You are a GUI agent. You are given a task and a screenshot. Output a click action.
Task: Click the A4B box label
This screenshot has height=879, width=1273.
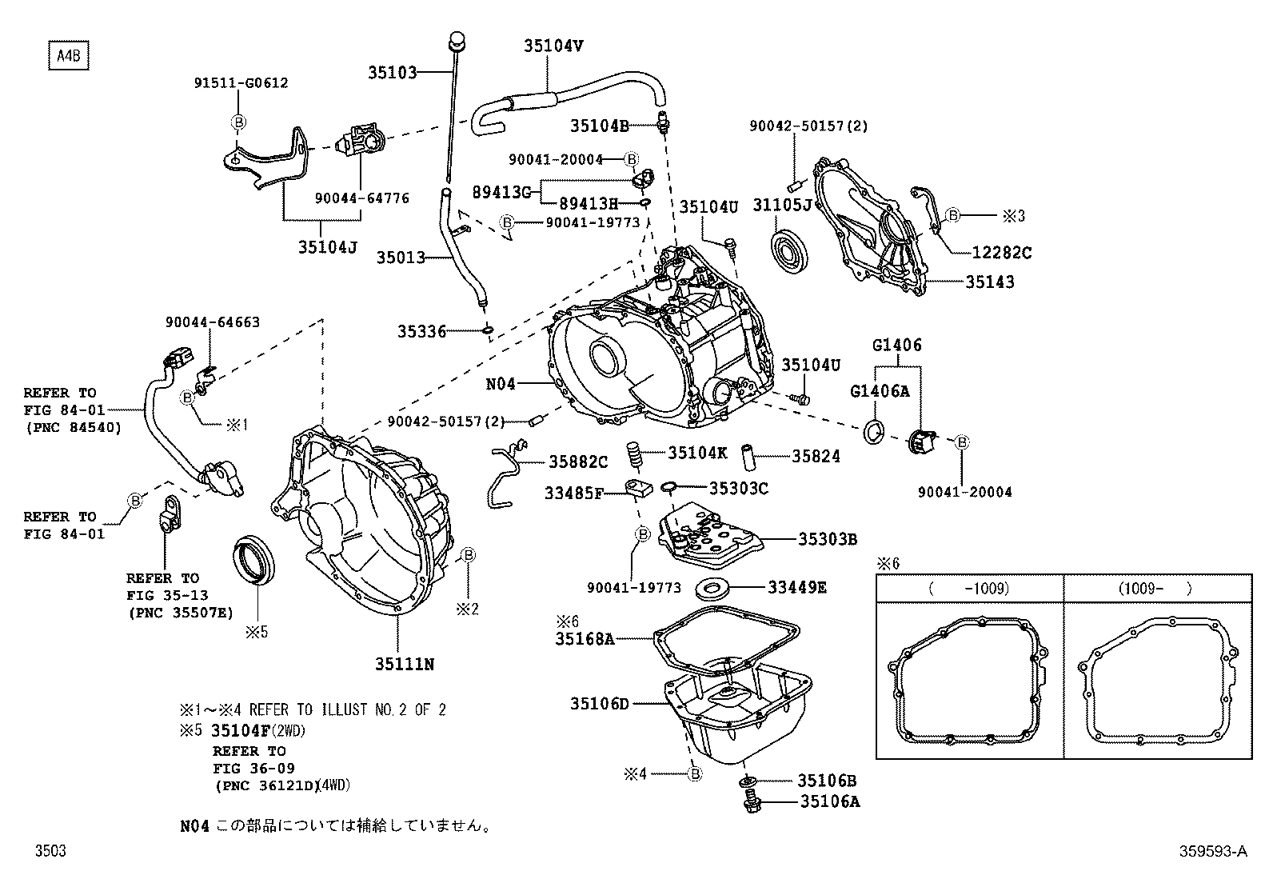tap(67, 57)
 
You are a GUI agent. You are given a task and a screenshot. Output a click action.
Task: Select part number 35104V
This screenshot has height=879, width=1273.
tap(553, 46)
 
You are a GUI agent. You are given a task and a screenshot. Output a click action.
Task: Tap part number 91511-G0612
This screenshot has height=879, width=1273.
tap(241, 82)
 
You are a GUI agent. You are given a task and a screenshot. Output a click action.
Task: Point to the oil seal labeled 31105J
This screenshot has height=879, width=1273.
tap(791, 246)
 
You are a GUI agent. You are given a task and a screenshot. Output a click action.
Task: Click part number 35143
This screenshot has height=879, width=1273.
tap(989, 282)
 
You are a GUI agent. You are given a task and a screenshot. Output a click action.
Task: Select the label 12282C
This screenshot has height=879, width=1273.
tap(1001, 253)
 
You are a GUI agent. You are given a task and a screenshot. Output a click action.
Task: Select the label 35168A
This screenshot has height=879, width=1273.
tap(585, 638)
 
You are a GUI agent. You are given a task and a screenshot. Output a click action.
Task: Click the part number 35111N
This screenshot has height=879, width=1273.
tap(405, 664)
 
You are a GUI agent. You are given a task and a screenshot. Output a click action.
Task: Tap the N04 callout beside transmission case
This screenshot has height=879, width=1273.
tap(501, 384)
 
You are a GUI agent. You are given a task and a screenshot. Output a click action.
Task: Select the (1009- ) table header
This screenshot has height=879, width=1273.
tap(1156, 589)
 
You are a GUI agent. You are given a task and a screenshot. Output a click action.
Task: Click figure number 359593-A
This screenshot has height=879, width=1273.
tap(1212, 852)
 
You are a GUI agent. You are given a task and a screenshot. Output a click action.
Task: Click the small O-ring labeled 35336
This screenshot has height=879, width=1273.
tap(487, 330)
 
